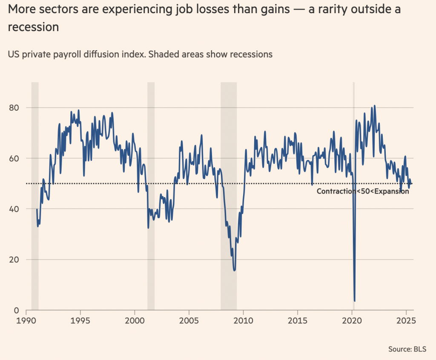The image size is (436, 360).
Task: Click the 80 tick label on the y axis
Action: point(14,107)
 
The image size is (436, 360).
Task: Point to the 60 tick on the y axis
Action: point(14,158)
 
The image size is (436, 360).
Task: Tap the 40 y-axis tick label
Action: point(14,209)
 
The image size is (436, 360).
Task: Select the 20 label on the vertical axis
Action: point(14,260)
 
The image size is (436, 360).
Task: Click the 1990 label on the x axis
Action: point(26,320)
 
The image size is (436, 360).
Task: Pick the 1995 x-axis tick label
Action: point(80,320)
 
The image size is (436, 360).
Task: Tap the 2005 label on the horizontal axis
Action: point(189,320)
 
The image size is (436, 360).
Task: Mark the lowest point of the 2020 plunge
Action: point(355,301)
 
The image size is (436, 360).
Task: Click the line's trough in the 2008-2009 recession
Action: point(235,270)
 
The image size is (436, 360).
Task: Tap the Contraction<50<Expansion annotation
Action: point(363,191)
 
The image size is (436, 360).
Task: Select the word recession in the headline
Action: point(33,27)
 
